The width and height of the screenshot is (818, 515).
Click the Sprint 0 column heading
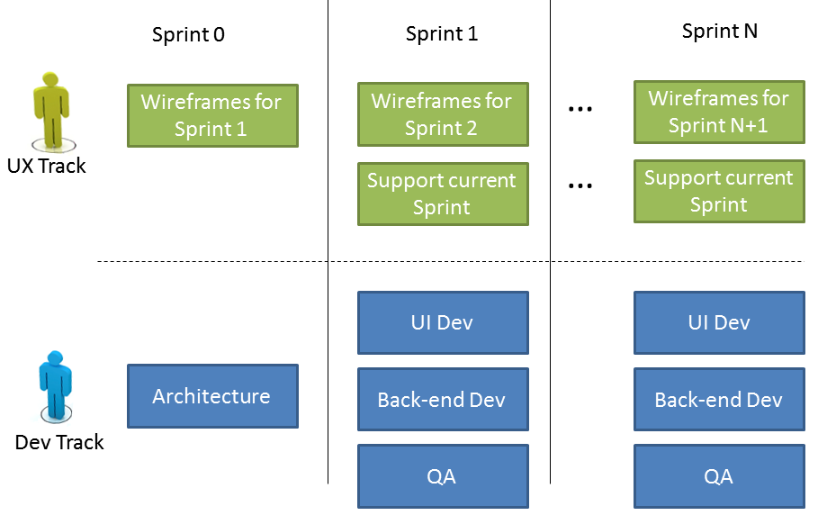tap(188, 35)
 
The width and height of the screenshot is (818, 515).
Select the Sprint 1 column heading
tap(442, 34)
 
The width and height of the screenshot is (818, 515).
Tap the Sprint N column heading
tap(719, 32)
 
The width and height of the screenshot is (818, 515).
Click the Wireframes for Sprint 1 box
tap(211, 115)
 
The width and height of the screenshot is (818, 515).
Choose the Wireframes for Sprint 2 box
tap(442, 114)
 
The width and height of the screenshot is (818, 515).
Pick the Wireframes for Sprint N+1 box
tap(719, 112)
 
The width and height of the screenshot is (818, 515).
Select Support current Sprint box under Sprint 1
tap(442, 194)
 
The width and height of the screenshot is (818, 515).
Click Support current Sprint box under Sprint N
tap(719, 191)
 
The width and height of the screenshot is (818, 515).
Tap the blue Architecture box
tap(211, 396)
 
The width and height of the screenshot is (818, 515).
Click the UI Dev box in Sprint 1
tap(442, 322)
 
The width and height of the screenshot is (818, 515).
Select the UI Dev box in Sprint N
tap(719, 322)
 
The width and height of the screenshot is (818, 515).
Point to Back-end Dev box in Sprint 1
tap(442, 400)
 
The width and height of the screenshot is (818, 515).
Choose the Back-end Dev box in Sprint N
tap(719, 400)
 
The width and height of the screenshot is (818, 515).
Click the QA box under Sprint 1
tap(442, 476)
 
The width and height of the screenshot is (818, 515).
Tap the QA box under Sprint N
tap(719, 476)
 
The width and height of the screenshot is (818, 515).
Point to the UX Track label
tap(47, 166)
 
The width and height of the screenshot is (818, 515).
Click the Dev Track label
tap(59, 442)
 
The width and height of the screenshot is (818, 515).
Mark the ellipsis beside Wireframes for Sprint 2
tap(580, 109)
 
